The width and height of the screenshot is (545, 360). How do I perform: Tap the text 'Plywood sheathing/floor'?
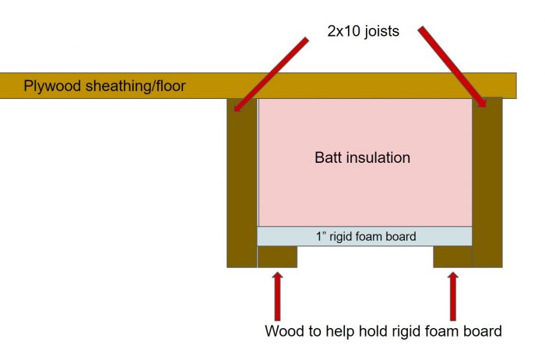(x=104, y=86)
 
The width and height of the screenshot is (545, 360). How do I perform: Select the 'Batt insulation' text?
(x=362, y=157)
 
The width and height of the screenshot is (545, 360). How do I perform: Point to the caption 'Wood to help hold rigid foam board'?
(x=383, y=331)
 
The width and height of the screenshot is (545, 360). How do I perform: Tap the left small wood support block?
(x=277, y=257)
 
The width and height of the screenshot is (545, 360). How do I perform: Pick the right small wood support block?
(x=452, y=257)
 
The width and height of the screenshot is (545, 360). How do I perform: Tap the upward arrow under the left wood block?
(x=277, y=294)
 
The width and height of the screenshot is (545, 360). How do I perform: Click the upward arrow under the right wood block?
(x=452, y=294)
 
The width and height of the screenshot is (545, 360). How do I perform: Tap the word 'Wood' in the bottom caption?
(x=283, y=331)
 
